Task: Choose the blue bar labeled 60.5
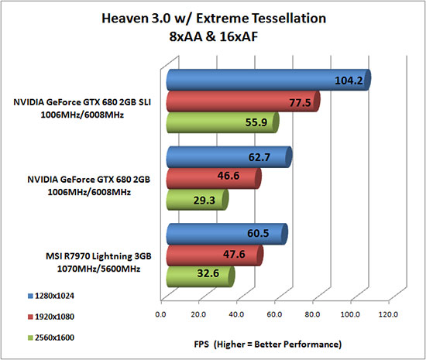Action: point(225,233)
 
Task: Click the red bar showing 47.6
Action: point(213,255)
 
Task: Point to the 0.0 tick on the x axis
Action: point(161,315)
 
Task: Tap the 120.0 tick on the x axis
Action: point(388,315)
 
